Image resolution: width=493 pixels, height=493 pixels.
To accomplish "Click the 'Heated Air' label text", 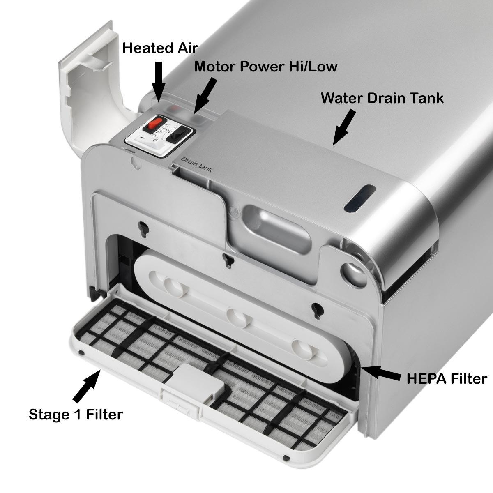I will point(160,48).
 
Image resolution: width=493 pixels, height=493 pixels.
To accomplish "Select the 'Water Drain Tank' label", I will point(382,98).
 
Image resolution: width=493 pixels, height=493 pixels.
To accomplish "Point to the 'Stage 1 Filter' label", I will point(76,414).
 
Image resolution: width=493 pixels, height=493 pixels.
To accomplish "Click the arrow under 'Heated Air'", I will point(159,81).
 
